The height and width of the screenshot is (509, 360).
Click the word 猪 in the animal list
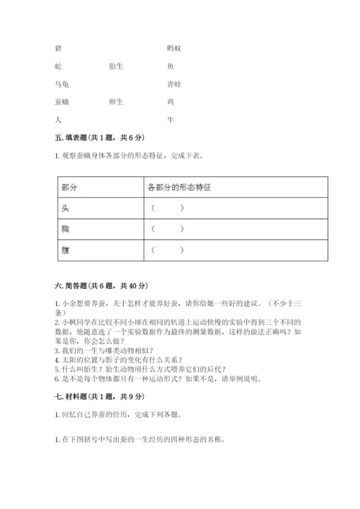pyautogui.click(x=58, y=48)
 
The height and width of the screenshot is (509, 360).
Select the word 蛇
pyautogui.click(x=58, y=66)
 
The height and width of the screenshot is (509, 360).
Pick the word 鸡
pyautogui.click(x=170, y=102)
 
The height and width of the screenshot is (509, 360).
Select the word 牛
pyautogui.click(x=170, y=120)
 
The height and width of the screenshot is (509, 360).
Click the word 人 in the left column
pyautogui.click(x=58, y=120)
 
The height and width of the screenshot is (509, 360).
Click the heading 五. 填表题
pyautogui.click(x=89, y=138)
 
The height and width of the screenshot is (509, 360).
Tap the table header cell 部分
pyautogui.click(x=70, y=187)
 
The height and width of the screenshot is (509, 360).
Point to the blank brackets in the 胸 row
pyautogui.click(x=167, y=229)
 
